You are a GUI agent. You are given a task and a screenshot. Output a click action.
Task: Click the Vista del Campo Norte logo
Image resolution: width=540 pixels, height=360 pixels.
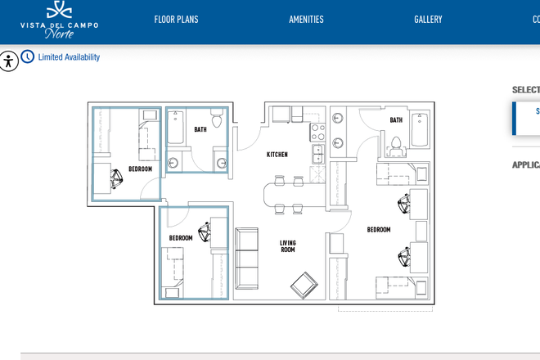point(59,20)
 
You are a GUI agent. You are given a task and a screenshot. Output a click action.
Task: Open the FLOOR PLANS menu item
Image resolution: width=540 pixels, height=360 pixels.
point(176,20)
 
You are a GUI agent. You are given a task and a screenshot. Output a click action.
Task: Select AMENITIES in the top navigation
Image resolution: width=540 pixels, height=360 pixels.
point(306,20)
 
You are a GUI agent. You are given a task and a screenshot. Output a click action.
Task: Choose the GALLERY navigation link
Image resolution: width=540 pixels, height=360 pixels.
point(428,20)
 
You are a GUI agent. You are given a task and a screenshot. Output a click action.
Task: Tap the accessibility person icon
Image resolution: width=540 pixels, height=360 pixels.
point(8,61)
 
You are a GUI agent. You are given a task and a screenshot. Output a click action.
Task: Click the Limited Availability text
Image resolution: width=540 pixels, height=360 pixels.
point(69,57)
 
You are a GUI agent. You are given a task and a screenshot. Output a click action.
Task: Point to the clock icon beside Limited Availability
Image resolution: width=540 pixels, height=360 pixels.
point(28,57)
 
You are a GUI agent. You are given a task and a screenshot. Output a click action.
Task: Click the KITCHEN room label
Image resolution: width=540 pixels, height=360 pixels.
point(277,155)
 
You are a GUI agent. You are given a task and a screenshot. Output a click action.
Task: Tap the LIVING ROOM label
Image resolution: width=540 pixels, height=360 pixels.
point(288,246)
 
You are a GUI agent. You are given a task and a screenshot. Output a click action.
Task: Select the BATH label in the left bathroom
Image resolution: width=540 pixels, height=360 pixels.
point(200,129)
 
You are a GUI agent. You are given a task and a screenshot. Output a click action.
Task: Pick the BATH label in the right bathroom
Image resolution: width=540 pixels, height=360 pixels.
point(396,120)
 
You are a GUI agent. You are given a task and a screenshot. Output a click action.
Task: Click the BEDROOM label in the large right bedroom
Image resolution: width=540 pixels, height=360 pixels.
point(378,230)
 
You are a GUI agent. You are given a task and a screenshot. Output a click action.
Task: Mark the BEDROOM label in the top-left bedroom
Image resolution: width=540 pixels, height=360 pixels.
point(140,169)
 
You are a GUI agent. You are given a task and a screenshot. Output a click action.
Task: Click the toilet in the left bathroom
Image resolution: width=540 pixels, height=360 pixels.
point(217,120)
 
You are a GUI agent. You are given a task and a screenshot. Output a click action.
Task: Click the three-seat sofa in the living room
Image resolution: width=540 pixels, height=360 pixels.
point(246,259)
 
